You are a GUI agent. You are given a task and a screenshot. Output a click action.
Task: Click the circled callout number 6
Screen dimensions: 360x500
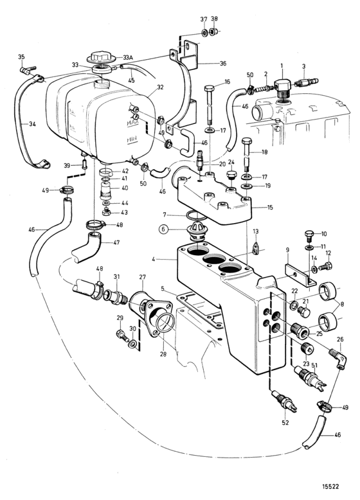coord(163,229)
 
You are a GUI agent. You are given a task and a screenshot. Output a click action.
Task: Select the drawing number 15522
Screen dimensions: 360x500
coord(330,487)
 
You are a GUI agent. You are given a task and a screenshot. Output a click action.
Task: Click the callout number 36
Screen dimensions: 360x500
coord(223,64)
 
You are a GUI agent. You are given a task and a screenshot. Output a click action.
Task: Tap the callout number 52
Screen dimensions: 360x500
coord(285,422)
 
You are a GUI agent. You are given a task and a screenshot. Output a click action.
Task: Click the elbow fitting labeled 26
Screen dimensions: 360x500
coord(338,358)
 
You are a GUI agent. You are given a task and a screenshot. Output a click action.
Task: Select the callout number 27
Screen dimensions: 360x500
coord(142,278)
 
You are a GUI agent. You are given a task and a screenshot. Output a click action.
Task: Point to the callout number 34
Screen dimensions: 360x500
coord(32,124)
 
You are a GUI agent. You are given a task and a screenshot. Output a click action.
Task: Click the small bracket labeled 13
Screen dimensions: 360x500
coord(255,249)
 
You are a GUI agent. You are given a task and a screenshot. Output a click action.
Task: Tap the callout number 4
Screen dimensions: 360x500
coord(154,259)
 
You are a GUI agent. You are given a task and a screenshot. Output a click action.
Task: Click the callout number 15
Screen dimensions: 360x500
coord(270,208)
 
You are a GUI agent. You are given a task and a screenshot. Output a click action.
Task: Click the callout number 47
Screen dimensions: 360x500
coord(116,243)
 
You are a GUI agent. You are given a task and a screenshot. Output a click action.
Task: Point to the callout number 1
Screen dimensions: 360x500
coord(282,66)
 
